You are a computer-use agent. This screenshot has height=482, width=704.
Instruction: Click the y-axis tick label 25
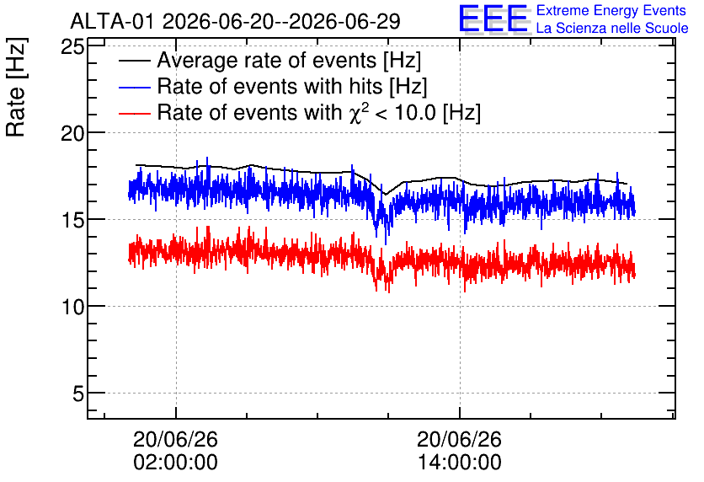click(x=72, y=46)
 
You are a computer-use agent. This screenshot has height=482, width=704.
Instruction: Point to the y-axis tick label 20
click(x=72, y=133)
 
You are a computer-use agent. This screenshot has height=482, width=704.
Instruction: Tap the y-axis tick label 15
click(x=72, y=220)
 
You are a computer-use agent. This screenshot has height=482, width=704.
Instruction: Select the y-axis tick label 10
click(x=72, y=307)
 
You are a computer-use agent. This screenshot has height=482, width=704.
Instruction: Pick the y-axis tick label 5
click(x=78, y=394)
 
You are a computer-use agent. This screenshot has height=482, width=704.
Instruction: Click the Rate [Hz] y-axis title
click(x=16, y=87)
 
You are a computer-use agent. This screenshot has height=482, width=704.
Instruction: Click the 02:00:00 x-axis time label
click(x=175, y=462)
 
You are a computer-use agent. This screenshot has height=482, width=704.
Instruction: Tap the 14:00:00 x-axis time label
click(x=459, y=462)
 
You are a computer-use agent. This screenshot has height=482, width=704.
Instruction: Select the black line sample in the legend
click(x=134, y=61)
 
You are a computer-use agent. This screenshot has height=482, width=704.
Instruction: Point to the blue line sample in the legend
click(x=134, y=87)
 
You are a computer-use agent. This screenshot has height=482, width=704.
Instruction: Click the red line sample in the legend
click(x=134, y=113)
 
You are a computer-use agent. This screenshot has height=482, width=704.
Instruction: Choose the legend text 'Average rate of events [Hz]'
click(x=289, y=61)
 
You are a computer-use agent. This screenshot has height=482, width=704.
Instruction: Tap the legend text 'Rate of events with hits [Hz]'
click(x=292, y=87)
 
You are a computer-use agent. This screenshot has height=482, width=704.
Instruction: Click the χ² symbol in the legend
click(x=359, y=112)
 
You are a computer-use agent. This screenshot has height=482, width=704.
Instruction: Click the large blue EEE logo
click(x=494, y=19)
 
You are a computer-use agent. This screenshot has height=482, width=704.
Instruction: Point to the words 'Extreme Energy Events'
click(x=611, y=10)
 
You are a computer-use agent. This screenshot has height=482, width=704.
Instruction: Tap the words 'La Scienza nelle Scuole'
click(x=612, y=29)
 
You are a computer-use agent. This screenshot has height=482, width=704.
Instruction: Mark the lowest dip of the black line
click(x=385, y=195)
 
